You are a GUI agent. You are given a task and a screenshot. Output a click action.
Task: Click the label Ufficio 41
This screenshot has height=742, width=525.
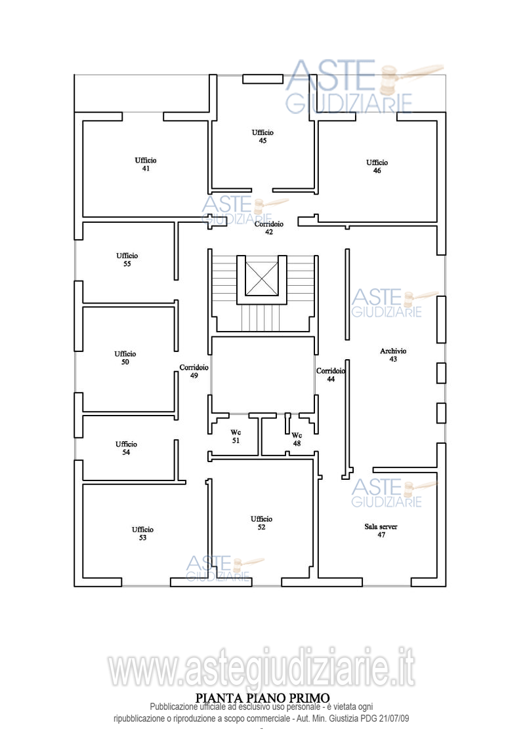[146, 165]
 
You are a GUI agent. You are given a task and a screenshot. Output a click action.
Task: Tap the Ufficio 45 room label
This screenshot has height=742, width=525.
[262, 136]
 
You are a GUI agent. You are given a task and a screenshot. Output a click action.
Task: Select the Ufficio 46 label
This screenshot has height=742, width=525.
[377, 166]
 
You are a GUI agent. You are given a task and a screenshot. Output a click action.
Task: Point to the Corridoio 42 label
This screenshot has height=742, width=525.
[268, 227]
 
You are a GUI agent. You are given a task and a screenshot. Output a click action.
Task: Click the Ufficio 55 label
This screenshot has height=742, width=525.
[127, 260]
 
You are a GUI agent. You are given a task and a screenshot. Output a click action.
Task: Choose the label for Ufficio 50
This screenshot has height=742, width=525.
[125, 358]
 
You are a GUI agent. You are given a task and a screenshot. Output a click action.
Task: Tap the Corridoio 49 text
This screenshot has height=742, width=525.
[194, 372]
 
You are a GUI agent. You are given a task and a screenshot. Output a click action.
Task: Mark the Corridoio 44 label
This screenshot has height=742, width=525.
[331, 375]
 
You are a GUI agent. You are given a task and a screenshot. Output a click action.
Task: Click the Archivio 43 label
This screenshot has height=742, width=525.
[393, 355]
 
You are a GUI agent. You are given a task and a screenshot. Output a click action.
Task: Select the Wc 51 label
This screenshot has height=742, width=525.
[236, 437]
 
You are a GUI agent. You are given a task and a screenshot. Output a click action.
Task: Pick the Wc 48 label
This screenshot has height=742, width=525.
[297, 439]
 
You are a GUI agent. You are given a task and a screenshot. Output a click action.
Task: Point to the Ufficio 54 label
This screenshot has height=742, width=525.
[126, 448]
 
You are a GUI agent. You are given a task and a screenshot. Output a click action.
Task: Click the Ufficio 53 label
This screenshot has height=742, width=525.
[142, 534]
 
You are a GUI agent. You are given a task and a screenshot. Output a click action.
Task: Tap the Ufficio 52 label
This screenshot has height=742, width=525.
[262, 523]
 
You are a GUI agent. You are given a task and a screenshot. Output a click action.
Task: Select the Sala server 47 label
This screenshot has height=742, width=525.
[381, 530]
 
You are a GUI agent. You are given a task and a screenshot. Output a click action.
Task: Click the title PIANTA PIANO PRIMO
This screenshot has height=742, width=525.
[262, 698]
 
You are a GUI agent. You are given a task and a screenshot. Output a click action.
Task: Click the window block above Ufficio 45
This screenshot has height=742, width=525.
[262, 79]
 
